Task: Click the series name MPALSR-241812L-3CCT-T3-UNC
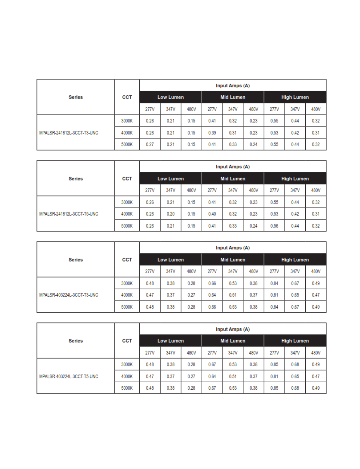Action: click(69, 133)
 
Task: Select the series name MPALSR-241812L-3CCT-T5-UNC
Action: click(69, 214)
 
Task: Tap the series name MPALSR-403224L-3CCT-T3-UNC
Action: click(69, 295)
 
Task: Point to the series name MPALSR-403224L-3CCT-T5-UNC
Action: click(69, 376)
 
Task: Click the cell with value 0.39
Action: click(212, 133)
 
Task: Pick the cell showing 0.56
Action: click(274, 226)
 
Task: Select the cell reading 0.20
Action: click(170, 214)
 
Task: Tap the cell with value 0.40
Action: click(212, 214)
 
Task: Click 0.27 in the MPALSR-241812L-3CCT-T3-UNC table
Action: click(150, 144)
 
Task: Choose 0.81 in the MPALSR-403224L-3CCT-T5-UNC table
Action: click(274, 376)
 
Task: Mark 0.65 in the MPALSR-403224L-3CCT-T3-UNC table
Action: click(295, 295)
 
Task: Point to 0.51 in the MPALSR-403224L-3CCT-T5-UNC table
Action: click(233, 376)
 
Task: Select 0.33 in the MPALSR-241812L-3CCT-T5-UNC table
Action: click(233, 226)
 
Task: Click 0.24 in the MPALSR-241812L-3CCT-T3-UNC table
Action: click(254, 144)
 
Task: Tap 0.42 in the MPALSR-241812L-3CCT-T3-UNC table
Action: click(295, 133)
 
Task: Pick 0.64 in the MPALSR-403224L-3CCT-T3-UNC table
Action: click(212, 295)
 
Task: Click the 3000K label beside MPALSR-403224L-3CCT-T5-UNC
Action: click(127, 364)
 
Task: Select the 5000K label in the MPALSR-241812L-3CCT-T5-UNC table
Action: click(127, 226)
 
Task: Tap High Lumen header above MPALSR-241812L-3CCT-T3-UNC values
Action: click(295, 97)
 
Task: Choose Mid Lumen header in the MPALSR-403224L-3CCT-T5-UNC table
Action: click(233, 341)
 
